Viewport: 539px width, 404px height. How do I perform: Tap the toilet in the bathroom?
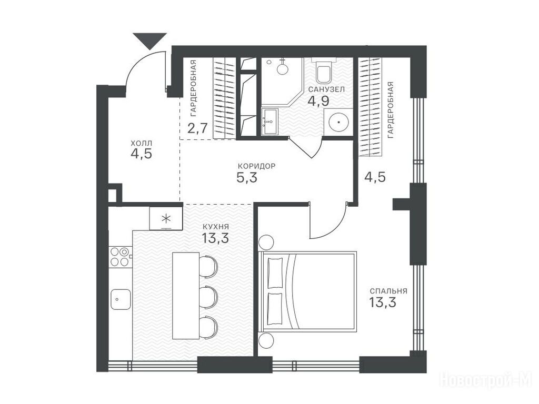coord(323,71)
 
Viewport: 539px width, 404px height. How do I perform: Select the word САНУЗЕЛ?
coord(326,89)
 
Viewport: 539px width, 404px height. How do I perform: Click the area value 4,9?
coord(318,101)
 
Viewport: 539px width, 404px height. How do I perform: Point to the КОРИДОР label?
coord(256,166)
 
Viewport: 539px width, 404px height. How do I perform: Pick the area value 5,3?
coord(247,178)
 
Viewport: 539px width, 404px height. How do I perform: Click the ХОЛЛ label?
coord(141,143)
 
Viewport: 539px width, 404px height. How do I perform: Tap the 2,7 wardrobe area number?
coord(198,128)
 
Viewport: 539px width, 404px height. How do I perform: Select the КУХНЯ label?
coord(215,227)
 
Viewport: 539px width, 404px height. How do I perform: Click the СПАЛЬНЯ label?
coord(388,291)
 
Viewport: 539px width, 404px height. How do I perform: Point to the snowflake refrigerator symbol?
coord(166,218)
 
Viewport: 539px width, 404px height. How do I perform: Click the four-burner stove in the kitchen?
coord(120,257)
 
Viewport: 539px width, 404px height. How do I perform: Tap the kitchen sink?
coord(121,299)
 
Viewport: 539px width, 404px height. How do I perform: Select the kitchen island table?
coord(186,296)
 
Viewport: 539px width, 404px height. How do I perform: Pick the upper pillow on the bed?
coord(275,273)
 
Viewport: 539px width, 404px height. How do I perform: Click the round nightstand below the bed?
coord(266,341)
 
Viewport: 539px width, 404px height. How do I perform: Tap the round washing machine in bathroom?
coord(339,122)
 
